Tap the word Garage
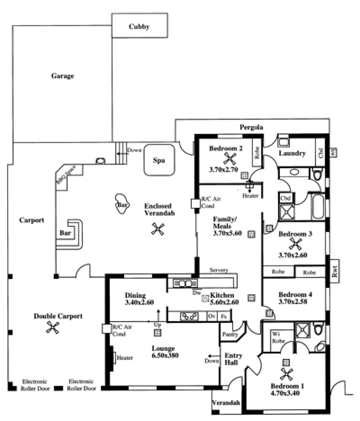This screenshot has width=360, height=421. click(x=62, y=76)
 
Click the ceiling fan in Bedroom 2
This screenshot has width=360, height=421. click(x=230, y=158)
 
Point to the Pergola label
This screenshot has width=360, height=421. click(x=251, y=127)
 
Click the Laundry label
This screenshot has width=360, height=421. click(x=292, y=153)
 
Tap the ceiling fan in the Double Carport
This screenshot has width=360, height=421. click(x=53, y=328)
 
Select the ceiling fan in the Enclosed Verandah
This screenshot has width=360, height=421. click(x=157, y=229)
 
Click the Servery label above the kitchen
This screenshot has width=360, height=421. click(x=219, y=270)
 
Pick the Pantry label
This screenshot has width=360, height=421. click(x=230, y=335)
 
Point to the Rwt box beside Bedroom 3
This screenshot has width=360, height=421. click(x=334, y=271)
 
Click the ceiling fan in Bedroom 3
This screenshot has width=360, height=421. click(x=296, y=244)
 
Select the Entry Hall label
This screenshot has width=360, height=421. click(x=233, y=358)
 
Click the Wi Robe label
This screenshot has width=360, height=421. click(x=277, y=337)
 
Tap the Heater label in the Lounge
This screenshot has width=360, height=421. click(x=125, y=358)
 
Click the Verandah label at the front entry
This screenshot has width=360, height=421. click(x=225, y=403)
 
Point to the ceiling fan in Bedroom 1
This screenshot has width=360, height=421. click(x=286, y=373)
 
